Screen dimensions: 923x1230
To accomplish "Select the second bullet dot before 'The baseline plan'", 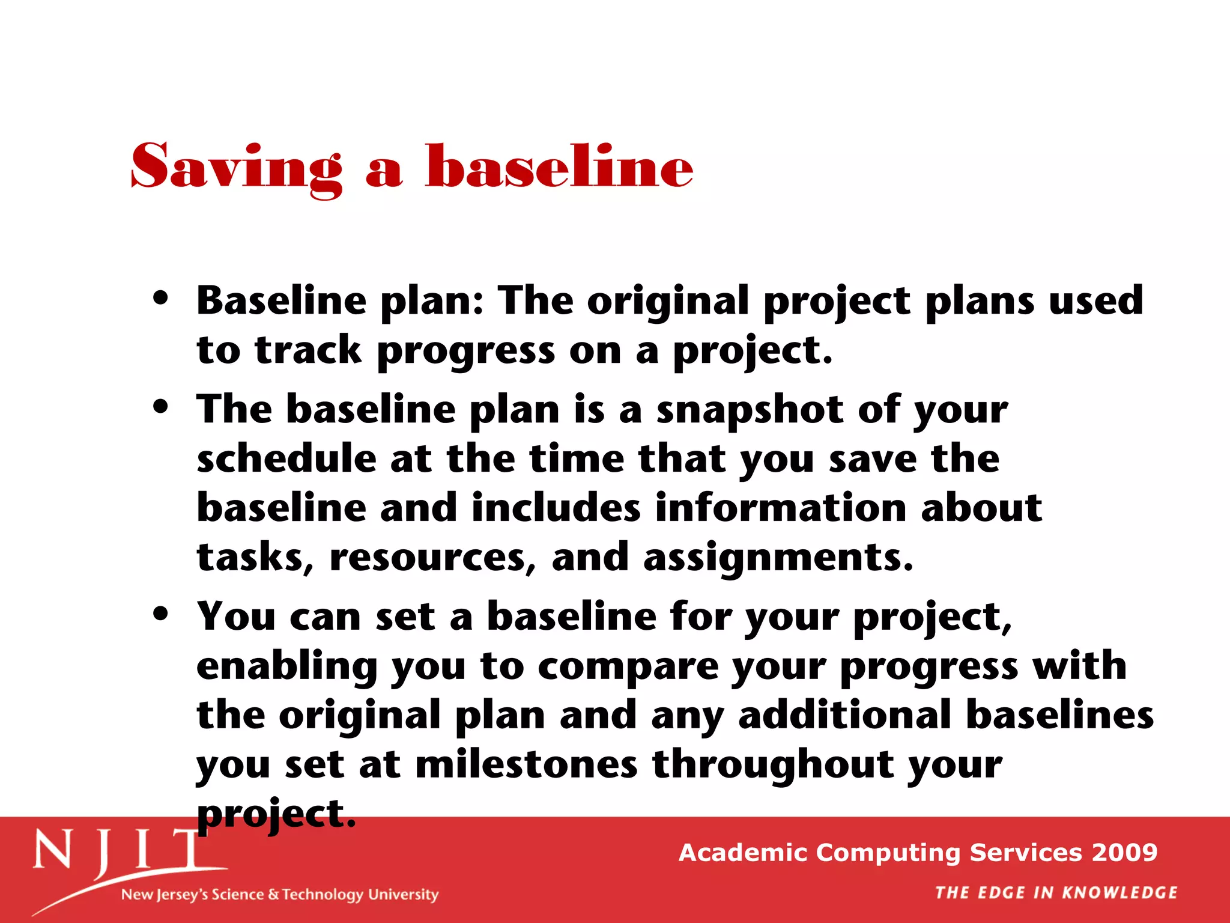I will [x=160, y=406].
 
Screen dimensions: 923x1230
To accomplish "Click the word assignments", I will [x=778, y=558].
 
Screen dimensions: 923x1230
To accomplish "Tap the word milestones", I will [x=526, y=765].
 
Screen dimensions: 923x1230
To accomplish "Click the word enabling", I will [x=286, y=666].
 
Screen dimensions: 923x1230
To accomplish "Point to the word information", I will [x=780, y=508].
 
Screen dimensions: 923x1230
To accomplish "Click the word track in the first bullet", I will [x=308, y=350].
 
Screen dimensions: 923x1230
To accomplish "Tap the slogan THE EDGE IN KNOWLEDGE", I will [x=1056, y=893].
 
